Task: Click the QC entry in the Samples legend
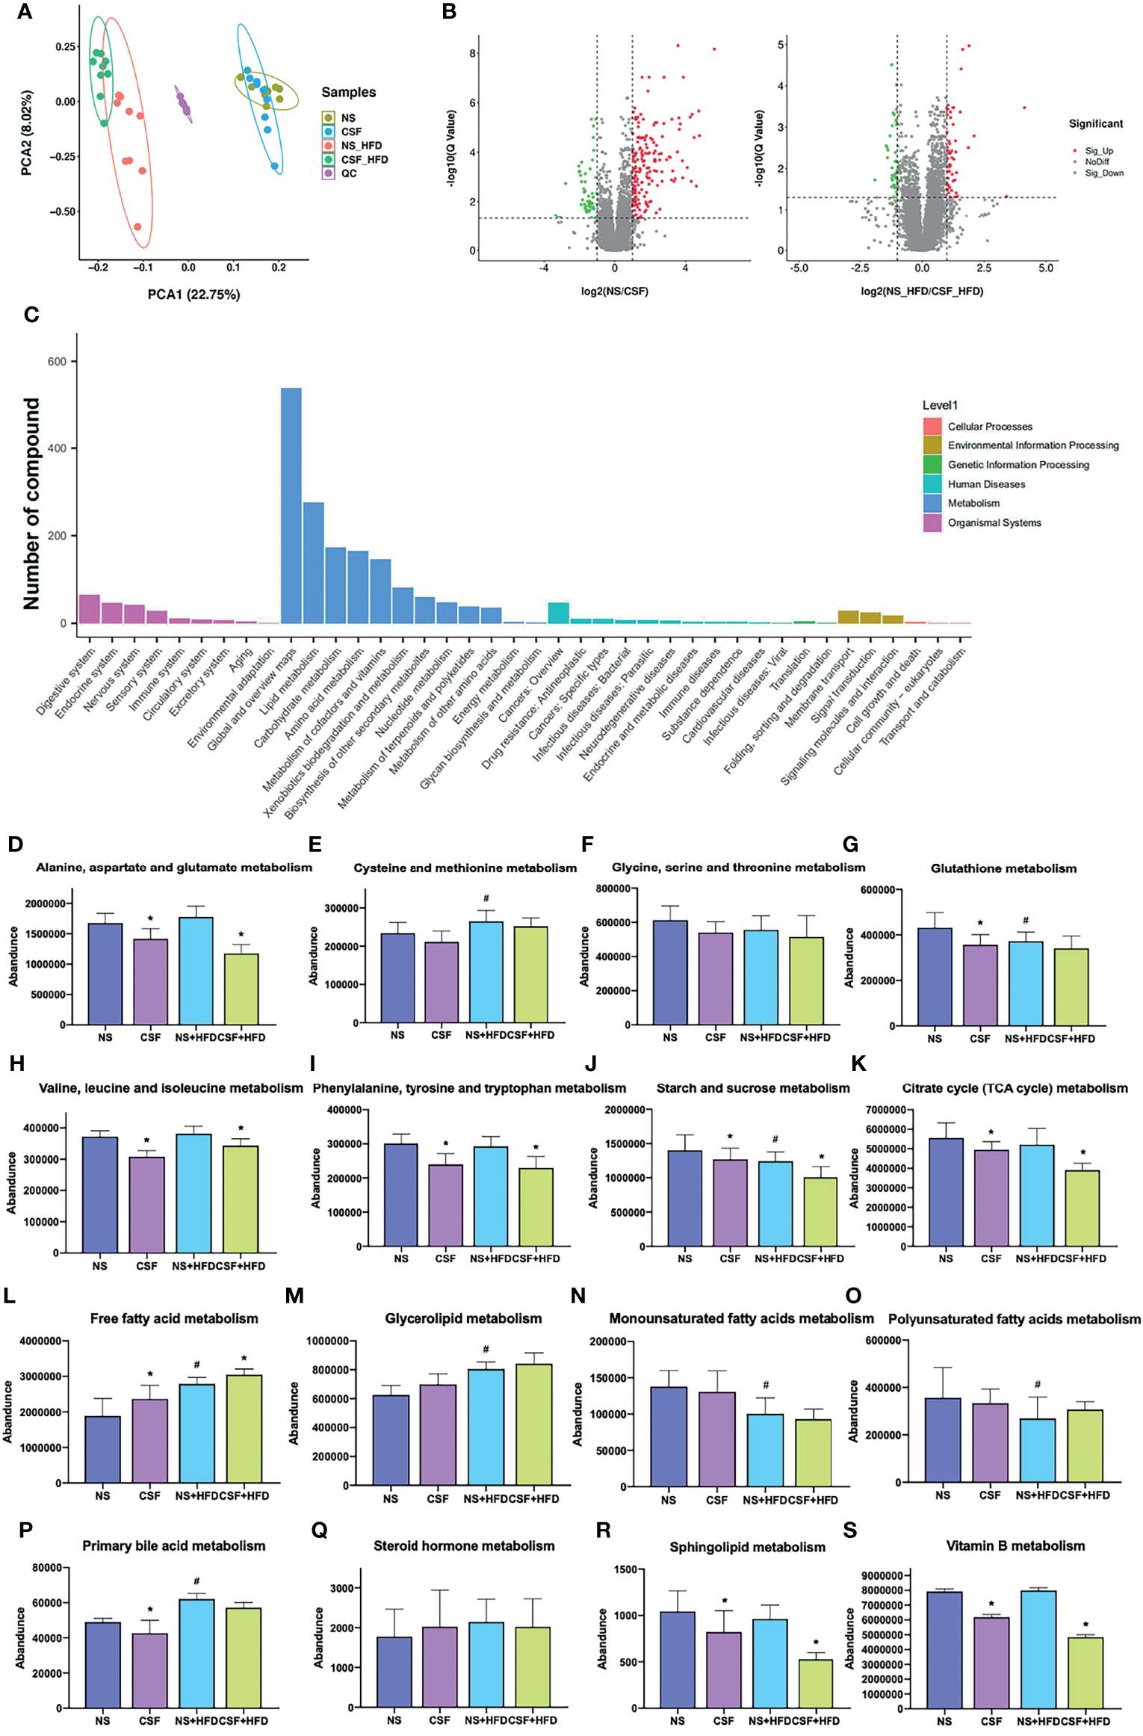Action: point(348,173)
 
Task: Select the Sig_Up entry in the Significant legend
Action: point(1098,151)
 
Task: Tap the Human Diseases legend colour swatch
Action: point(932,484)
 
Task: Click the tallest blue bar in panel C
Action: point(291,505)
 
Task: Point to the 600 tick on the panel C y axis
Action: point(57,362)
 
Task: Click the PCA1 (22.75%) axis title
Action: point(193,294)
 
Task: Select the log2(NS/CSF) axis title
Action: point(614,291)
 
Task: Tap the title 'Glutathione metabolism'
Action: point(1003,868)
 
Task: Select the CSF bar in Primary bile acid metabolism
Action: point(149,1669)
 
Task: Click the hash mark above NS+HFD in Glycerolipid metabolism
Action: point(486,1349)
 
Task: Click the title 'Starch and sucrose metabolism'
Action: point(753,1088)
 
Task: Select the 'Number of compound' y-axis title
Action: point(31,503)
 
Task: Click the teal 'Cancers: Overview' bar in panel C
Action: point(558,613)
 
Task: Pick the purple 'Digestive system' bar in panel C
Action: point(90,609)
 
